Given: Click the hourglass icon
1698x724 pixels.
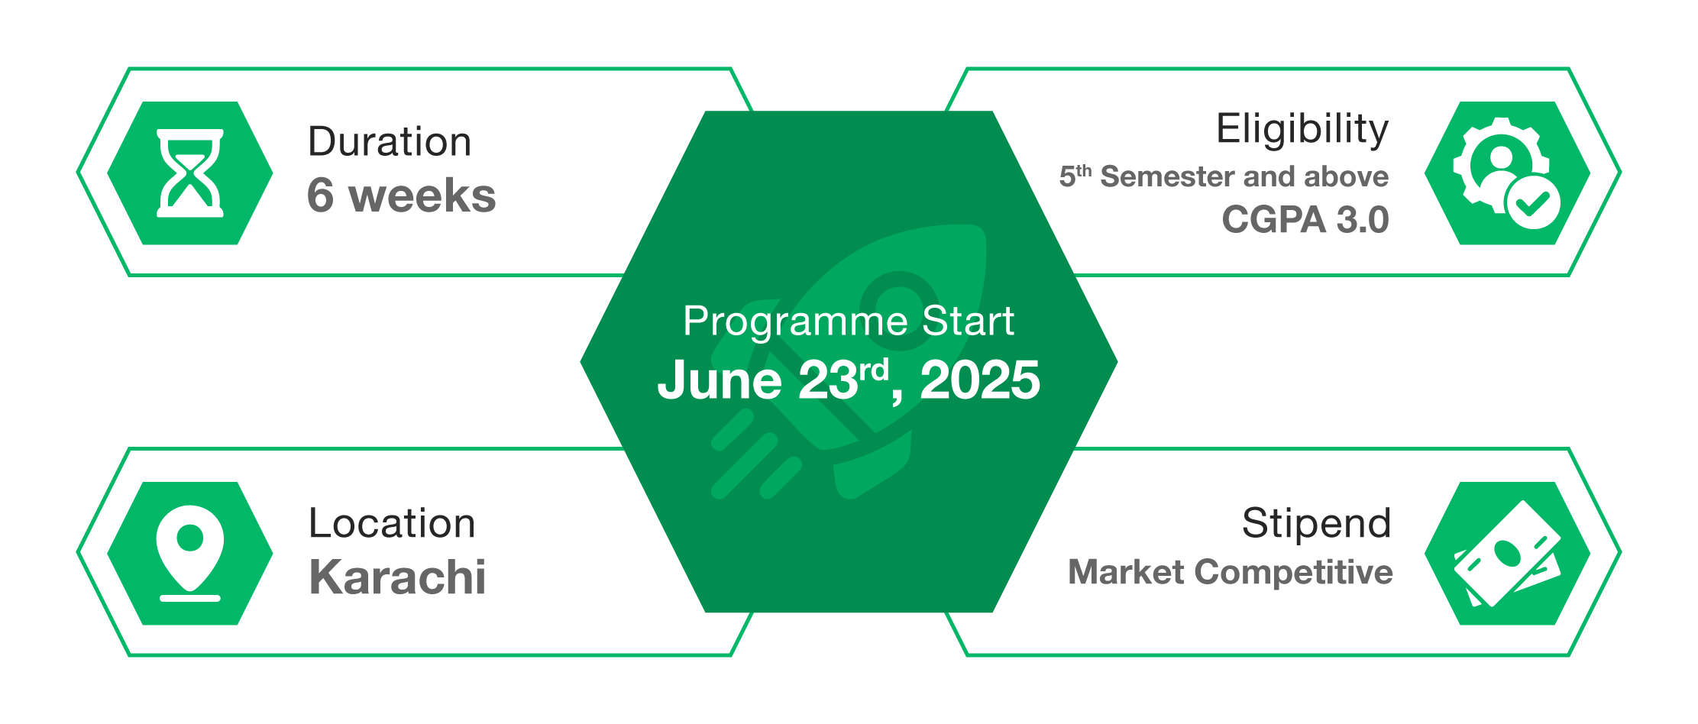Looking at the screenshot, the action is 190,173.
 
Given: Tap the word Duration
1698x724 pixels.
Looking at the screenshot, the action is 390,142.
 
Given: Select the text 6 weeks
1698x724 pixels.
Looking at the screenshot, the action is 401,196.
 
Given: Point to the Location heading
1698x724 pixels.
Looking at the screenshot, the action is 392,523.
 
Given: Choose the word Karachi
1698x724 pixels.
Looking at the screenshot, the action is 397,577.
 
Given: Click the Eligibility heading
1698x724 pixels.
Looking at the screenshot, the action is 1302,128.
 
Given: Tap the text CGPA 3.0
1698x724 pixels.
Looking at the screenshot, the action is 1305,220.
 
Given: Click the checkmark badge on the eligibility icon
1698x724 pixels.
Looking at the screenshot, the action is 1532,202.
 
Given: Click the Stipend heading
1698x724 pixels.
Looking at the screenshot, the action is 1316,523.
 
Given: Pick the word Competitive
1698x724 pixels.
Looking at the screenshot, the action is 1294,572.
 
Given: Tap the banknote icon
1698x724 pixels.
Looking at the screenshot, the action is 1507,554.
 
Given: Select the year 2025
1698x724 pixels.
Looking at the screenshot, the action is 979,380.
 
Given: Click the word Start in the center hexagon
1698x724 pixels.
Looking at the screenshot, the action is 968,321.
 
